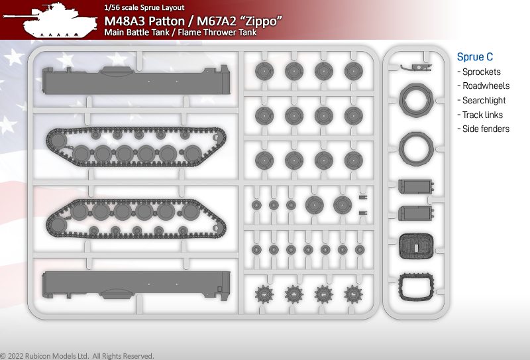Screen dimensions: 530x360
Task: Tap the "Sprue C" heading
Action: point(474,57)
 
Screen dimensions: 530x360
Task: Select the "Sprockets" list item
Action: point(482,72)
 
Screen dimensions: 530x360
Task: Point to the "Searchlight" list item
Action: point(484,100)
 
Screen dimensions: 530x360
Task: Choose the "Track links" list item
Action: point(482,115)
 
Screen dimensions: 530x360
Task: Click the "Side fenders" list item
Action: point(486,129)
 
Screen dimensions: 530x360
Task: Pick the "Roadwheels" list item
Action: point(486,86)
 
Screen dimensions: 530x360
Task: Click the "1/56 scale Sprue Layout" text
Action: point(144,7)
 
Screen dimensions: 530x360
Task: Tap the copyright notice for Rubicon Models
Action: point(77,356)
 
